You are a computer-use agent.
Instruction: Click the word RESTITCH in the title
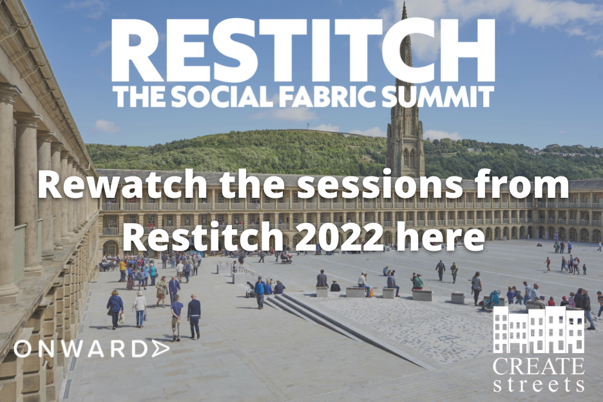coord(303,50)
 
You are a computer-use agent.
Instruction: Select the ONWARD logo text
coord(91,349)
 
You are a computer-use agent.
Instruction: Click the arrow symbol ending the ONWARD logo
coord(160,349)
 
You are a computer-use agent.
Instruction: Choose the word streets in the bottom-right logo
coord(539,385)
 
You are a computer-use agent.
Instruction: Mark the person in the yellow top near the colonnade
coord(122,270)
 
